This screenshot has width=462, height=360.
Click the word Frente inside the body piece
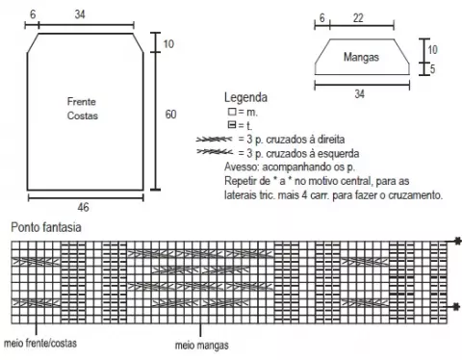tap(82, 102)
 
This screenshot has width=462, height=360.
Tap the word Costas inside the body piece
tap(83, 116)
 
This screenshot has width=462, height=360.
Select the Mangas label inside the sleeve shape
tap(361, 57)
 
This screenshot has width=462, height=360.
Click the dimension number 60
tap(170, 115)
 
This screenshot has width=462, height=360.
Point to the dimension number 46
tap(83, 207)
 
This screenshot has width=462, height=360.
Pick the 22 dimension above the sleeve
tap(358, 17)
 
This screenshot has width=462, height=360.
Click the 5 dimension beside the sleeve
tap(432, 69)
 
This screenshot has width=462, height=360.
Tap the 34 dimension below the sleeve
tap(359, 93)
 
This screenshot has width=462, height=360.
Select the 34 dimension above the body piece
tap(80, 14)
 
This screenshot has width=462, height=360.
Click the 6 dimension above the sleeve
tap(321, 17)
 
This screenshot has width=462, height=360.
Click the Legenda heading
tap(245, 97)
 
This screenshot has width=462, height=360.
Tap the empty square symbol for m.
tap(232, 112)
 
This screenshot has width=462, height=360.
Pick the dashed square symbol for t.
tap(232, 124)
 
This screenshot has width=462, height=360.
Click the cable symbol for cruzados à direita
tap(214, 140)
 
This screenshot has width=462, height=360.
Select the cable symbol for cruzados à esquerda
tap(215, 151)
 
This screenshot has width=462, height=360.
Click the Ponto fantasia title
tap(46, 227)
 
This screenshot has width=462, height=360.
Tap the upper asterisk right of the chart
tap(458, 241)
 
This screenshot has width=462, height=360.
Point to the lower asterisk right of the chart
tap(456, 307)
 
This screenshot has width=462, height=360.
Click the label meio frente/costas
tap(40, 343)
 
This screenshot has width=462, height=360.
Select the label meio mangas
tap(202, 346)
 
